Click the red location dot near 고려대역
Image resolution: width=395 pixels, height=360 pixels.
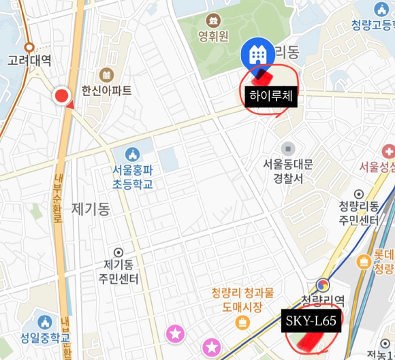pyautogui.click(x=63, y=97)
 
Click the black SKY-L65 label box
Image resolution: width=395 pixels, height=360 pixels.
pyautogui.click(x=310, y=321)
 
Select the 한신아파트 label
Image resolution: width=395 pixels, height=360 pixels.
pyautogui.click(x=106, y=90)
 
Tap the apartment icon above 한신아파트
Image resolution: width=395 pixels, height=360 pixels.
pyautogui.click(x=106, y=74)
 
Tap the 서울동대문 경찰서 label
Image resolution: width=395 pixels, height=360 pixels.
pyautogui.click(x=288, y=171)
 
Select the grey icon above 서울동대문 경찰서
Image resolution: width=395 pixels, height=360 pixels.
pyautogui.click(x=288, y=148)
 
